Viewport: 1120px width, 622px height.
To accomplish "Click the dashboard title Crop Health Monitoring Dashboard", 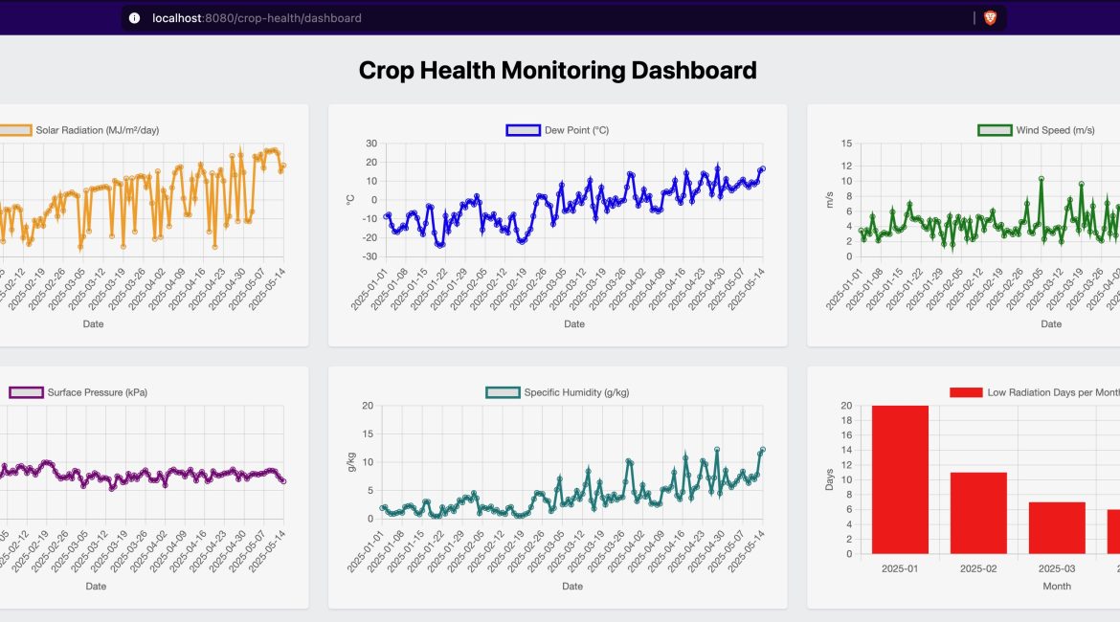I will (557, 70).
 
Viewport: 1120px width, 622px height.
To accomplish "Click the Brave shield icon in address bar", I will (990, 17).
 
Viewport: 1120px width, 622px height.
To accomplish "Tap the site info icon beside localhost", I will (134, 17).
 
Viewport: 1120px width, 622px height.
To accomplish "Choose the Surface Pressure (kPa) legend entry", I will (96, 392).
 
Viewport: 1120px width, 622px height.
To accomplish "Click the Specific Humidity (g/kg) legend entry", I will (574, 392).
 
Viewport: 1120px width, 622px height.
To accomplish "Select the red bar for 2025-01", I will (900, 479).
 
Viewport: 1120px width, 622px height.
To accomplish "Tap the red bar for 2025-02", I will (978, 513).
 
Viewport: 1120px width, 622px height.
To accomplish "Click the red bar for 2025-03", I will (1057, 527).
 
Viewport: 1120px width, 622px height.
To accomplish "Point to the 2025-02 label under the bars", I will (978, 568).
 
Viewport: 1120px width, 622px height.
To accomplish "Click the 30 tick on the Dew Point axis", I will (371, 144).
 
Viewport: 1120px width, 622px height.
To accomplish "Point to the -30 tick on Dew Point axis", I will (370, 256).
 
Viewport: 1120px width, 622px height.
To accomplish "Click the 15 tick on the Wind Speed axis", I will (846, 144).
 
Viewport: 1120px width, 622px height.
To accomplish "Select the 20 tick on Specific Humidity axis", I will (368, 406).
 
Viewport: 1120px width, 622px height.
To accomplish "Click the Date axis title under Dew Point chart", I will (573, 324).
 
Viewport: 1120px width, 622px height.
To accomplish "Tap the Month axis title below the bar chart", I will (1057, 587).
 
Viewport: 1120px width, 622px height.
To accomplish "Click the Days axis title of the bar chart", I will (830, 479).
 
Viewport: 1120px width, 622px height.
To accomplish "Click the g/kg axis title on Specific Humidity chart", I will (350, 462).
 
